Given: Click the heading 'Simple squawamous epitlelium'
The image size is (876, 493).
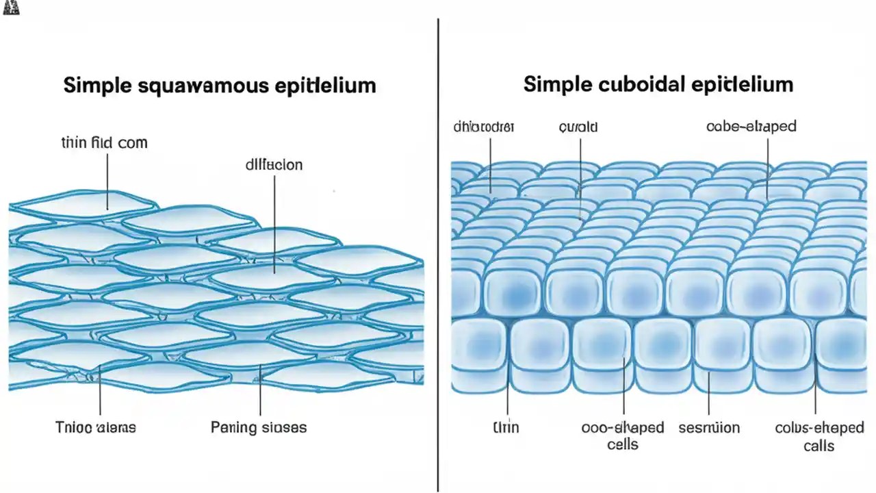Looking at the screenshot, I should pyautogui.click(x=220, y=86).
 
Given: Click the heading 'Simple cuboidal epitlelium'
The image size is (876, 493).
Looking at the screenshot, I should pyautogui.click(x=658, y=84).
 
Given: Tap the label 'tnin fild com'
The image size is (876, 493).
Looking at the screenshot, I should pyautogui.click(x=104, y=143).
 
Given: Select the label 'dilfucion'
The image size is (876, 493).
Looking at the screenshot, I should pyautogui.click(x=274, y=165).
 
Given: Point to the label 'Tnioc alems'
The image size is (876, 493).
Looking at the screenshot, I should pyautogui.click(x=95, y=427).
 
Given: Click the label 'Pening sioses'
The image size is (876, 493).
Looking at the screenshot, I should pyautogui.click(x=259, y=427).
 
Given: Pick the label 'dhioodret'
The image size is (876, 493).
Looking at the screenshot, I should pyautogui.click(x=484, y=127).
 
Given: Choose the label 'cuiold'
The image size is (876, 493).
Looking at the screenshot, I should pyautogui.click(x=578, y=127).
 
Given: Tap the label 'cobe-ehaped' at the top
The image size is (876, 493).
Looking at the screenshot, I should pyautogui.click(x=751, y=127).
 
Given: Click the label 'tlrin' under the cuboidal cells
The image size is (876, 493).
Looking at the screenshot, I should pyautogui.click(x=506, y=427).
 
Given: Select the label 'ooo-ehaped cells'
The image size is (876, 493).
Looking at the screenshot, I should pyautogui.click(x=623, y=435).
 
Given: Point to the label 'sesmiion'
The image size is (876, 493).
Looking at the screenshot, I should pyautogui.click(x=709, y=427).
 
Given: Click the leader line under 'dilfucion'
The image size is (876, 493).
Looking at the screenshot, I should pyautogui.click(x=274, y=219).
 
